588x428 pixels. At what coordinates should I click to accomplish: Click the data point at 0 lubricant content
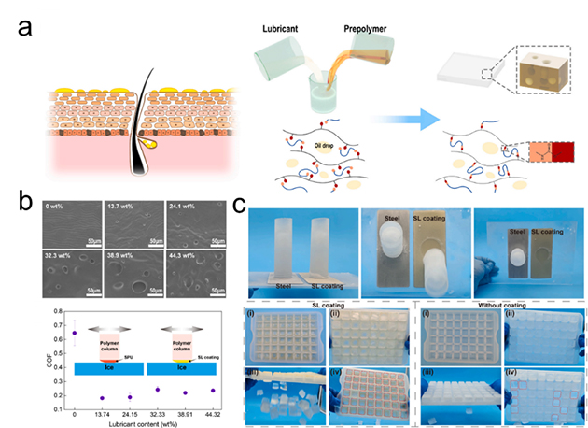[x=75, y=333]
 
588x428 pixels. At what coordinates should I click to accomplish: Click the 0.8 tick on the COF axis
[x=58, y=310]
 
